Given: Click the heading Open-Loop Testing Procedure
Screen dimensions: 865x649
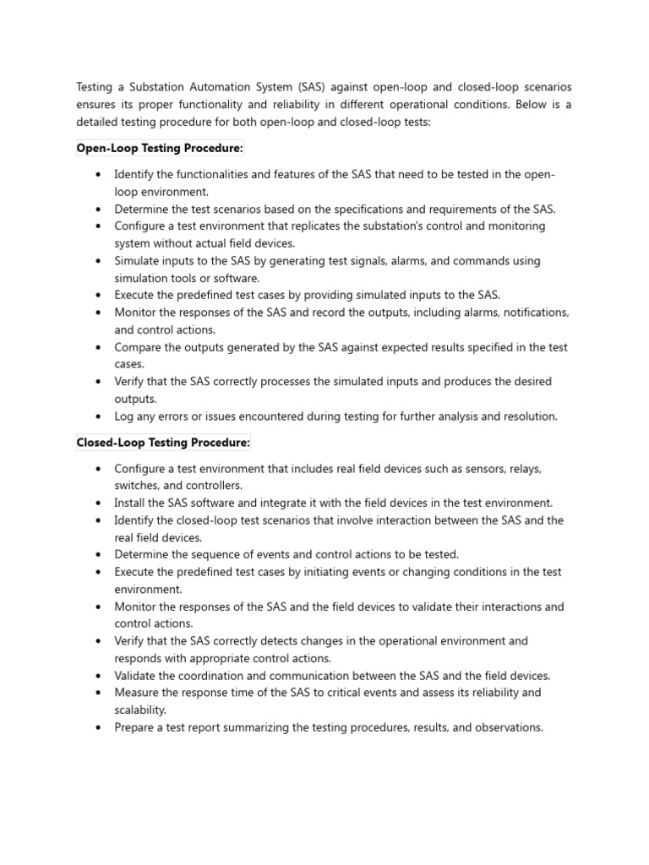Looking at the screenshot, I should click(x=160, y=149).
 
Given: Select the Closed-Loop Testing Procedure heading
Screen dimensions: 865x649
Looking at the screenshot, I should click(x=163, y=443).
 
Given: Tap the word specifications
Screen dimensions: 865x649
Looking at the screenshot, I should click(x=391, y=209).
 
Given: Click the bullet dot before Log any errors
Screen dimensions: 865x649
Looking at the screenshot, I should click(x=99, y=416).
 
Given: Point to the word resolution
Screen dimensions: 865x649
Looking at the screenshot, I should click(x=529, y=416).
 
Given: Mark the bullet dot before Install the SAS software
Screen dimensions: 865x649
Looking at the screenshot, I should click(x=99, y=503).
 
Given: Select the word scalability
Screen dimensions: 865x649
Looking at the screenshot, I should click(x=140, y=710).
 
